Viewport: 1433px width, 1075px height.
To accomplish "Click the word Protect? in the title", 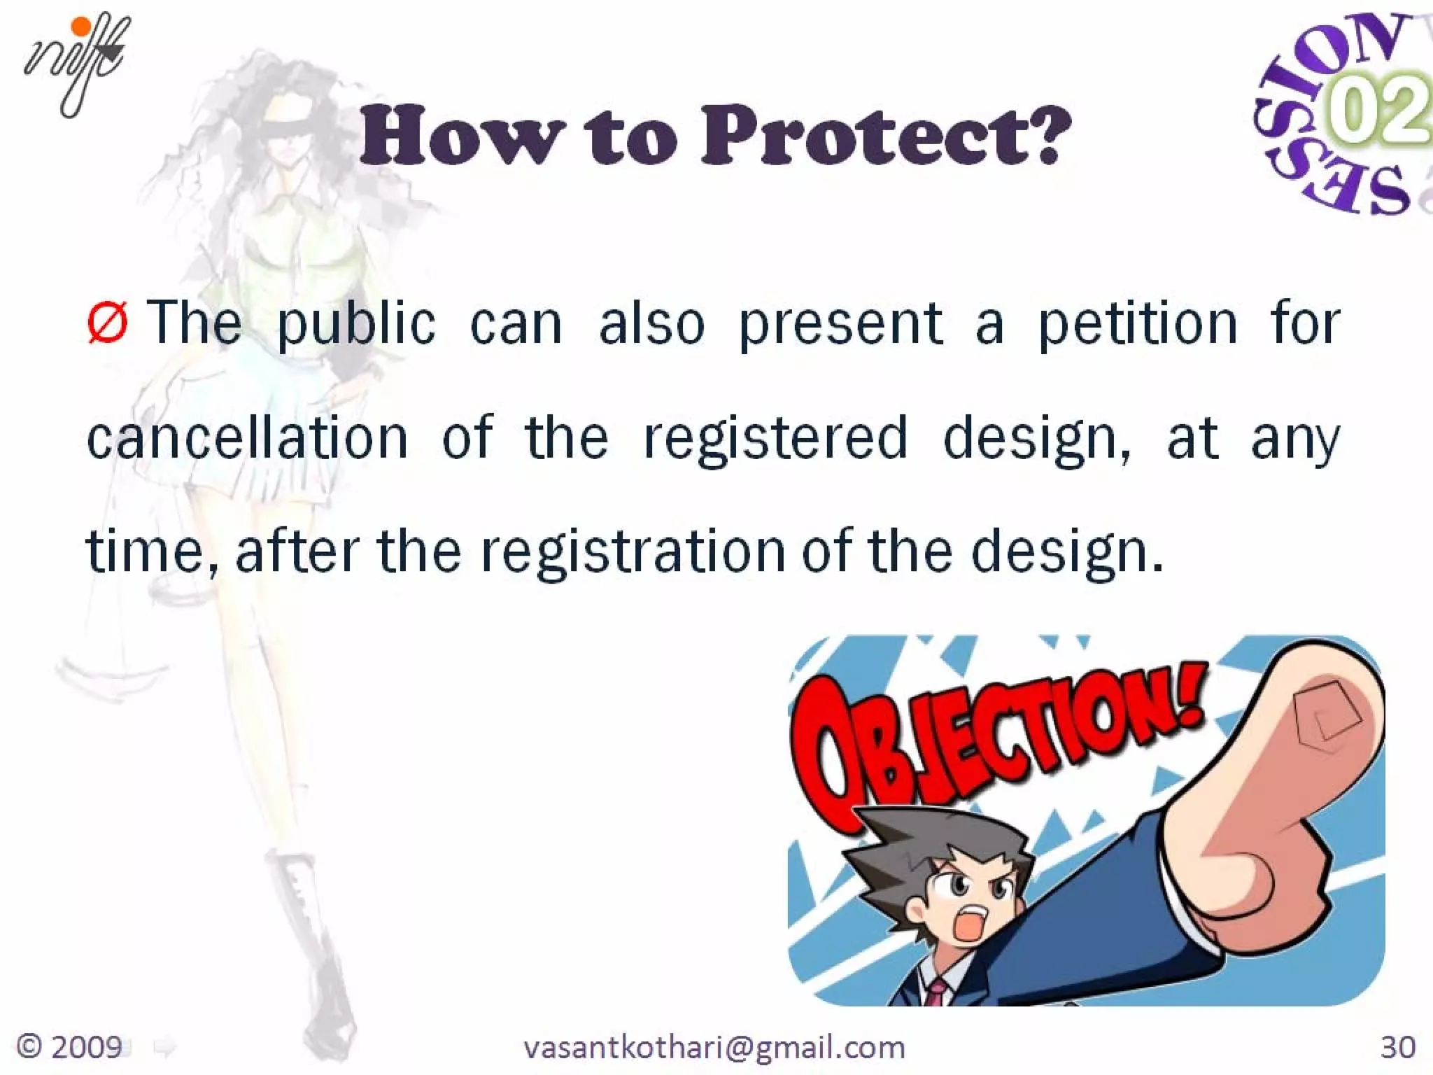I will point(885,136).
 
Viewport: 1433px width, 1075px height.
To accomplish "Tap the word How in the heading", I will point(462,136).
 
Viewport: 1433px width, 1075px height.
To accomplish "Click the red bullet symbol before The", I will point(107,323).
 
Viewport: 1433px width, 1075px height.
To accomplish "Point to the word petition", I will point(1137,325).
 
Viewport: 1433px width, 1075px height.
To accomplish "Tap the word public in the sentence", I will point(356,325).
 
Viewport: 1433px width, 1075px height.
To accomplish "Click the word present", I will point(840,325).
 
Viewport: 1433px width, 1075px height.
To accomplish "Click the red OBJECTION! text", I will point(994,742).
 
